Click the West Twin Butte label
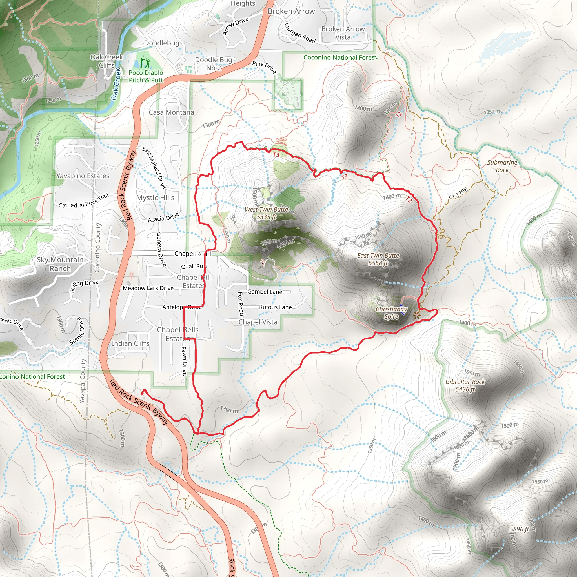pos(267,213)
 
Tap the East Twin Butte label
pos(378,259)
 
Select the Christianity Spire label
pos(391,313)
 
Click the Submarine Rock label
pos(502,166)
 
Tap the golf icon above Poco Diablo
pos(145,63)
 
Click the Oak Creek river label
pos(116,84)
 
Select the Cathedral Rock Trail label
pos(84,201)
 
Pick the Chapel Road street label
pos(193,254)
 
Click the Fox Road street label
pos(241,304)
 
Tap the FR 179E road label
pos(458,193)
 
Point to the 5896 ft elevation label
pos(519,529)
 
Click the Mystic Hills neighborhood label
pos(155,197)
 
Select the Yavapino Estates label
pos(83,176)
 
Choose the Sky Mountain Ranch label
pos(60,264)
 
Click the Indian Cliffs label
pos(130,343)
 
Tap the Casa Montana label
pos(171,112)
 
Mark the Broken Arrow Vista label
pos(343,33)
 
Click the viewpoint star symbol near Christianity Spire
pos(416,314)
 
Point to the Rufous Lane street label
pos(275,307)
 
